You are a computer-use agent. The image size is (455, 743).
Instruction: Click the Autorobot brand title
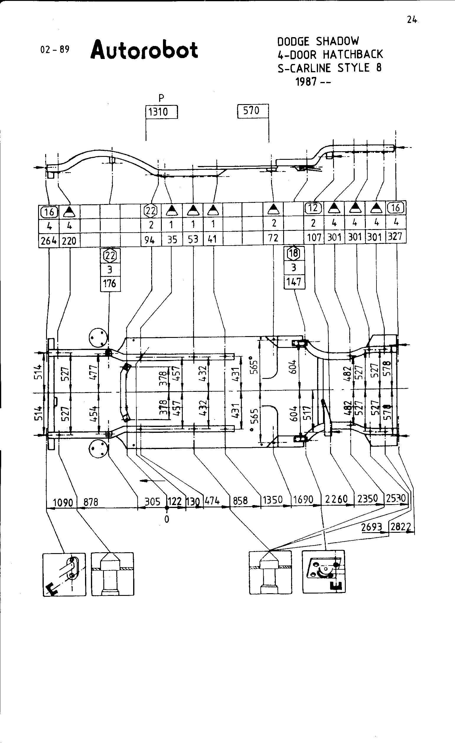coord(144,50)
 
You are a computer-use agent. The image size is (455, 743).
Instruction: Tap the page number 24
coord(412,20)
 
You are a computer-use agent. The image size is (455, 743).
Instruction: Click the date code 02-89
coord(55,50)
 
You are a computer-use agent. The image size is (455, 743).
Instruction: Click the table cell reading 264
coord(49,241)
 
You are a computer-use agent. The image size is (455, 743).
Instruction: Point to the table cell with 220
coord(69,241)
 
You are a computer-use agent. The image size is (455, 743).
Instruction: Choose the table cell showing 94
coord(150,240)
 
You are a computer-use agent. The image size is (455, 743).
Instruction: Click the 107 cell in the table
coord(314,237)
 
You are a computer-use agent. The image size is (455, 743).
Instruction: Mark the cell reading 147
coord(293,282)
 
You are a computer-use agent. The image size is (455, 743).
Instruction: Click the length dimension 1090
coord(63,502)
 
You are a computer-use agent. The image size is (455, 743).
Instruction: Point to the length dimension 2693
coord(371,527)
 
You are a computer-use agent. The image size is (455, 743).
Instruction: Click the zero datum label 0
coord(167,519)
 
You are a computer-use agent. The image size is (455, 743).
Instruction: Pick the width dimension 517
coord(307,413)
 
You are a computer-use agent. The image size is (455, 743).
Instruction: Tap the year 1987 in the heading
coord(306,81)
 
